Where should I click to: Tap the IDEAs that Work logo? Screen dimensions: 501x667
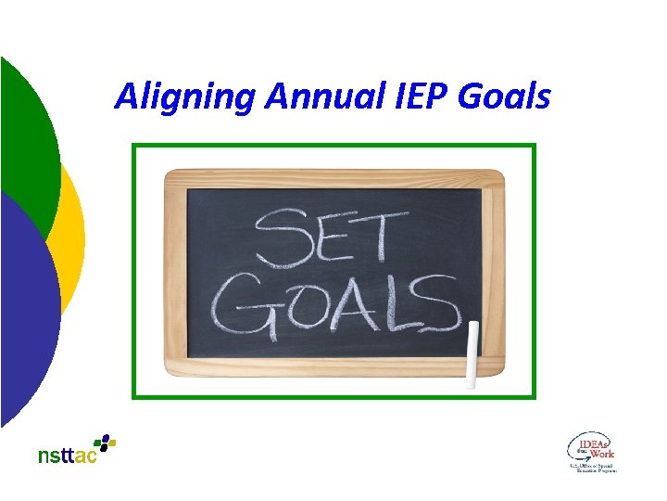pos(591,453)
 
